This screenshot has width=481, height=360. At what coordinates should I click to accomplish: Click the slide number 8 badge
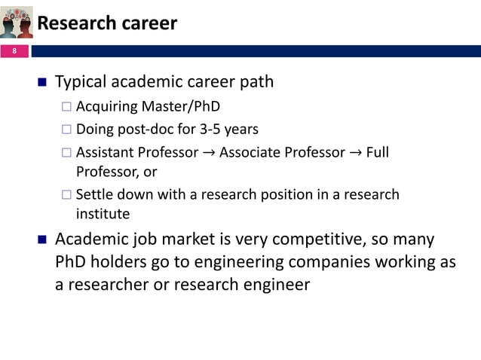point(13,52)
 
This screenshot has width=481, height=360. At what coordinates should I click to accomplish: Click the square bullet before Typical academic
point(41,81)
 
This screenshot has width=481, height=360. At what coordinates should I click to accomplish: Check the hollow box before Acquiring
point(66,106)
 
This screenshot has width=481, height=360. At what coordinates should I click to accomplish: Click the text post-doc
point(143,129)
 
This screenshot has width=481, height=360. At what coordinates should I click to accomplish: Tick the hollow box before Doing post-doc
point(66,129)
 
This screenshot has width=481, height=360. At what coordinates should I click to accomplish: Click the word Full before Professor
point(377,152)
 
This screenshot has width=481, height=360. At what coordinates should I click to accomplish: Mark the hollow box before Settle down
point(66,195)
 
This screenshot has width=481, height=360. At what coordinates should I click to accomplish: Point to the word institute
point(103,215)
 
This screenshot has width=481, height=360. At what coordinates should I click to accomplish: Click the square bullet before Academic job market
point(41,240)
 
